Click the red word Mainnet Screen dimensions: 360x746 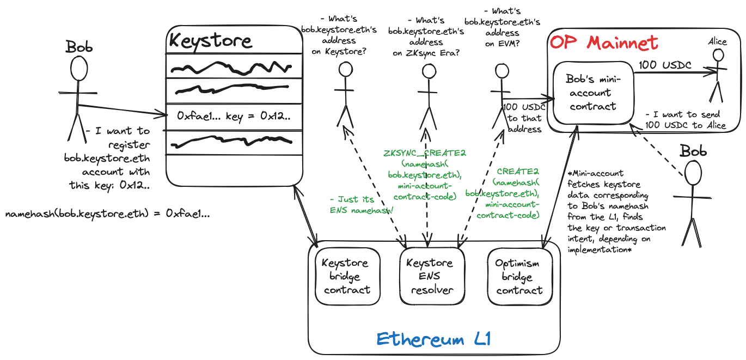620,44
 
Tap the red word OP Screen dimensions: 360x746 562,44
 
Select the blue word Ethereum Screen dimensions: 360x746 420,340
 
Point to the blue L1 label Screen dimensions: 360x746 483,340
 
